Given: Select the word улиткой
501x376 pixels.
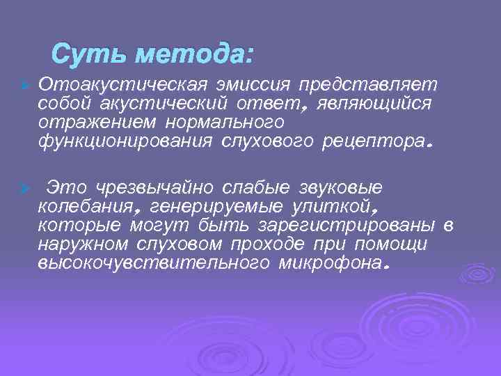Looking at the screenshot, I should point(340,207).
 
